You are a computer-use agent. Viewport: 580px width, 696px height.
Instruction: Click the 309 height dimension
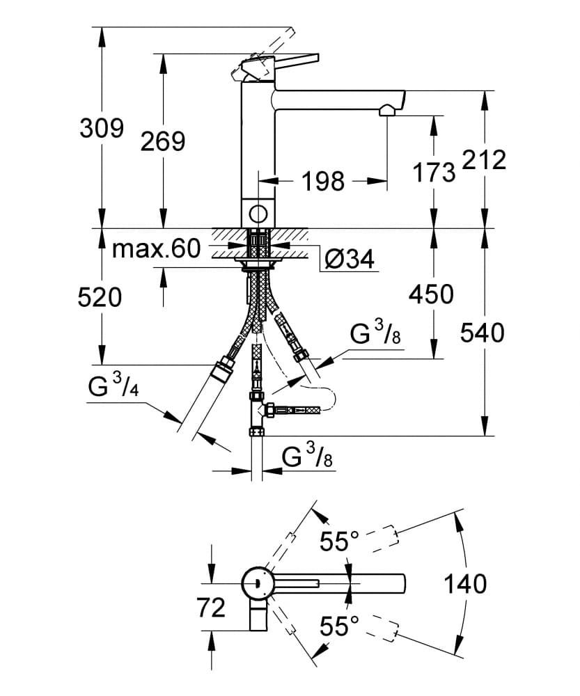101,128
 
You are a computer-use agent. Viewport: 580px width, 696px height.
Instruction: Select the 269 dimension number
163,141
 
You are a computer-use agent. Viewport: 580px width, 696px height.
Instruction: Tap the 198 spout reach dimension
323,182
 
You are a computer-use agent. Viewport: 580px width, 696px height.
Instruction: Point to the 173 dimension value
434,172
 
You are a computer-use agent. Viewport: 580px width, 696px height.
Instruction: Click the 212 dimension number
483,160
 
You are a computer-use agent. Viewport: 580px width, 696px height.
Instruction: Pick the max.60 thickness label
156,248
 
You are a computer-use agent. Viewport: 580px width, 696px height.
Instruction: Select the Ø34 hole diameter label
350,260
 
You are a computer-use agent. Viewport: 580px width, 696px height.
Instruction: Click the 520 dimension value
100,298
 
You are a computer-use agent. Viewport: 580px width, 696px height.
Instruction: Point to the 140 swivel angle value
465,584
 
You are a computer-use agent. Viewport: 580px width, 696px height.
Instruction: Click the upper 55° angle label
339,541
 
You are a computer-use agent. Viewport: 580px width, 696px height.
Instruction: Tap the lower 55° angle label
339,626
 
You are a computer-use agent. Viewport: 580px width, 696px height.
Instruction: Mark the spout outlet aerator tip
387,111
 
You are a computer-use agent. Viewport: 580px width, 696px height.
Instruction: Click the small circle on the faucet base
258,214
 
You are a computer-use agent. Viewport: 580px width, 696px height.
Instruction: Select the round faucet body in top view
258,583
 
